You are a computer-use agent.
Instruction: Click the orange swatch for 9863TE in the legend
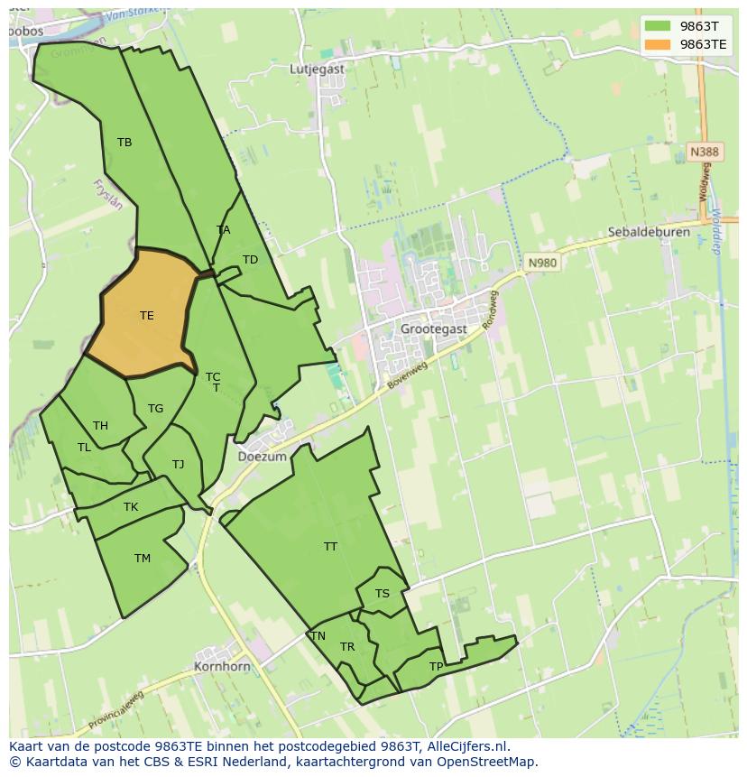(x=658, y=43)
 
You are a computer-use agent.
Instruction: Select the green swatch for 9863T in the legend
(x=658, y=25)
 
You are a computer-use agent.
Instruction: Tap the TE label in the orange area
(x=146, y=316)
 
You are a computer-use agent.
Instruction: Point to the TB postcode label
(x=124, y=143)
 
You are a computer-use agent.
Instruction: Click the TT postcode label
(x=330, y=547)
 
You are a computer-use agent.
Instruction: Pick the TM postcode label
(x=142, y=559)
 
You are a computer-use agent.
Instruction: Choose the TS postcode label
(x=383, y=594)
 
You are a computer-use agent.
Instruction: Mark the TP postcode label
(x=436, y=667)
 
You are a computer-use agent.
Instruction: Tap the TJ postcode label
(x=178, y=465)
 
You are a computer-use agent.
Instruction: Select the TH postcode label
(x=100, y=426)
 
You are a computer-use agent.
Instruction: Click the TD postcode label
(x=250, y=260)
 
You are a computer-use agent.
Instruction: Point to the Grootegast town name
(x=435, y=329)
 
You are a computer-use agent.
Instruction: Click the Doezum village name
(x=262, y=457)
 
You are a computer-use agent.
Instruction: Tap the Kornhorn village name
(x=222, y=667)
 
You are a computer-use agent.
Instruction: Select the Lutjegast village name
(x=318, y=69)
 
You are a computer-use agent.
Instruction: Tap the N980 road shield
(x=542, y=263)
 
